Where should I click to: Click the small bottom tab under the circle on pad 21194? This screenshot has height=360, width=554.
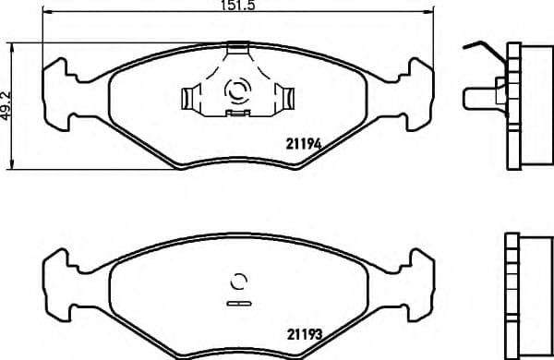pos(238,113)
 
